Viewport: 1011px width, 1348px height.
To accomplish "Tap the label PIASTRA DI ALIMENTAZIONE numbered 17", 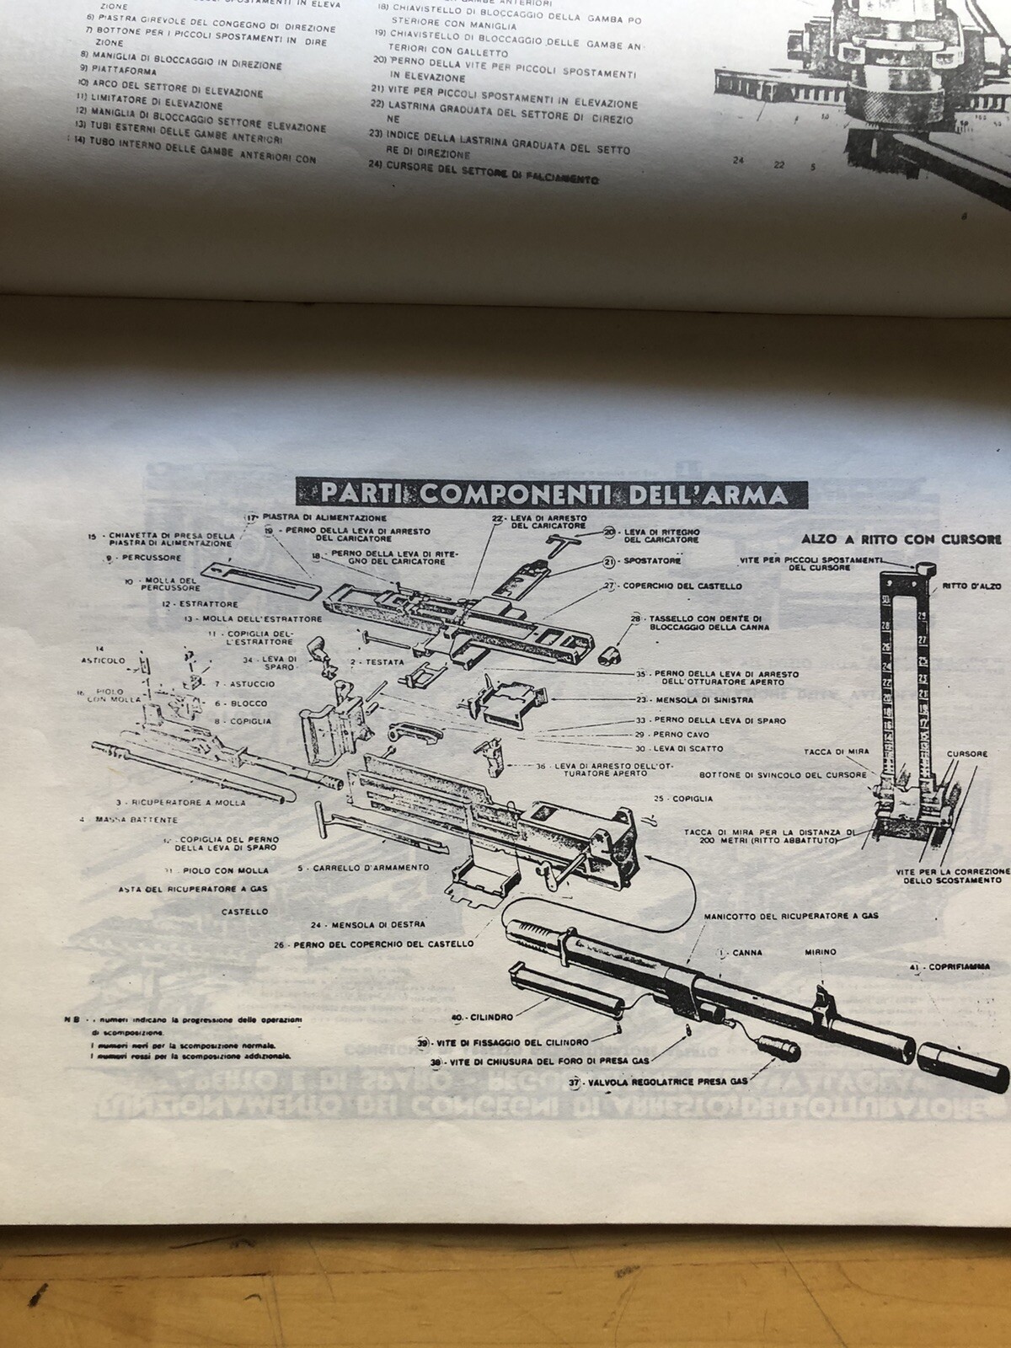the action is point(324,516).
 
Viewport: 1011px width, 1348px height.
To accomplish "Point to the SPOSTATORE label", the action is point(652,560).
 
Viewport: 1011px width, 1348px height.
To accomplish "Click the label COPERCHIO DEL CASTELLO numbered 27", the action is point(682,586).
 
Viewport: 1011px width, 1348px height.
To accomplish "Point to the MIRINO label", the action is point(818,952).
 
